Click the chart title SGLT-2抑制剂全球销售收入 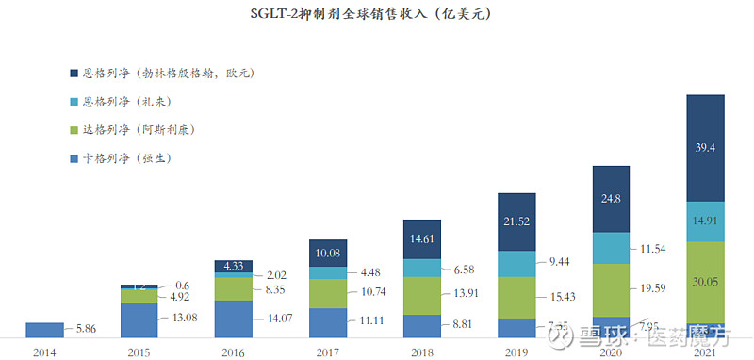377,15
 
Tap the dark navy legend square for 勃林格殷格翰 74,73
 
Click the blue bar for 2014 44,330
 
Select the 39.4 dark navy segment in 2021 704,147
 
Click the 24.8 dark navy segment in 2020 610,199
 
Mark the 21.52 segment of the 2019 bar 516,221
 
